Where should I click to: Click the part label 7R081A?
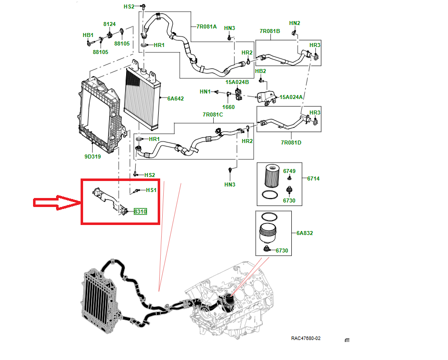207,26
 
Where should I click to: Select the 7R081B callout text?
270,31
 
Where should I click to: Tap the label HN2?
295,23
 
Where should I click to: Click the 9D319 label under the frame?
92,156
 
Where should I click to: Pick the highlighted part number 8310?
140,212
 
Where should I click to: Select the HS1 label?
151,190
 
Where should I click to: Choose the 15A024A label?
291,97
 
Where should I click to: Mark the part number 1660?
228,107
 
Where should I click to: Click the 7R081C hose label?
213,114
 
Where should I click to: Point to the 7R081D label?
291,143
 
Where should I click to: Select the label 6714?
313,178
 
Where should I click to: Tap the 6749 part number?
289,171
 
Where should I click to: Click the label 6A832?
304,233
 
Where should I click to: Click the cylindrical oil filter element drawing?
269,176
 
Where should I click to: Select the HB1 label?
88,35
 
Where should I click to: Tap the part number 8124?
109,24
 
